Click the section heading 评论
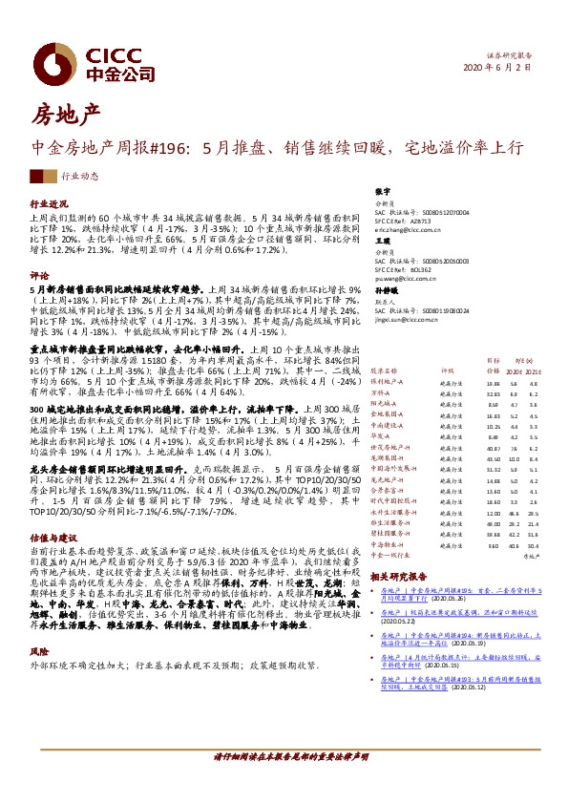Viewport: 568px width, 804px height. coord(39,274)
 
